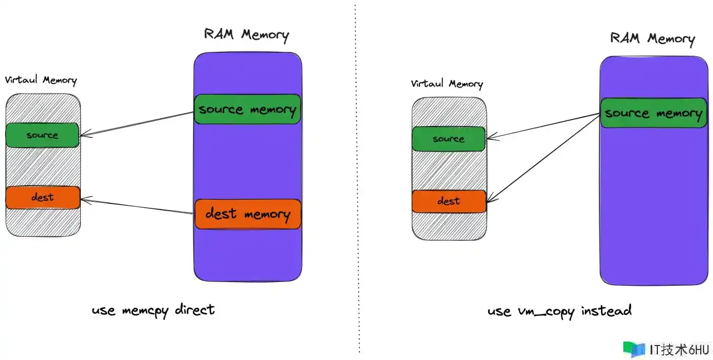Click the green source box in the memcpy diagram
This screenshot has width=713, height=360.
42,135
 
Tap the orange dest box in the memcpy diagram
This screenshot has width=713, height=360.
43,197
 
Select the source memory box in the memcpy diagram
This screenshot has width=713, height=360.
247,109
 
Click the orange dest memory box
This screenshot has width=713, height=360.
248,214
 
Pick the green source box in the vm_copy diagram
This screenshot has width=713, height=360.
448,139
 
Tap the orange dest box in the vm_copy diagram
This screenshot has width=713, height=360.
449,201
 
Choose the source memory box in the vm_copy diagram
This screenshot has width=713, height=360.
653,113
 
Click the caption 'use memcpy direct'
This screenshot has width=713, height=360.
153,310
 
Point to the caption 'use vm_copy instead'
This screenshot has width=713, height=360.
560,312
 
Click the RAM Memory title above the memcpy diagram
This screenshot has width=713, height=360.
246,35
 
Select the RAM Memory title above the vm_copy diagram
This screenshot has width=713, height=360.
652,38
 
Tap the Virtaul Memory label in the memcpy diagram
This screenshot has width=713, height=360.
41,80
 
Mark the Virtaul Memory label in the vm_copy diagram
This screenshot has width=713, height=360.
447,84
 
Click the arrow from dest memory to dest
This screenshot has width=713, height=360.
137,206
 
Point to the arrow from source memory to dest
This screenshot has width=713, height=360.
543,158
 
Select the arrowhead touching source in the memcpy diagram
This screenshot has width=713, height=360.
85,134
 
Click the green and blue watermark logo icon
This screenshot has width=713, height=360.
634,349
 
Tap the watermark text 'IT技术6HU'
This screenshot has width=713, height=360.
679,350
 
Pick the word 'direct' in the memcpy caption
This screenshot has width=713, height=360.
195,310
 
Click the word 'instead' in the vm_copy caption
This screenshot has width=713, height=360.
607,310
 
